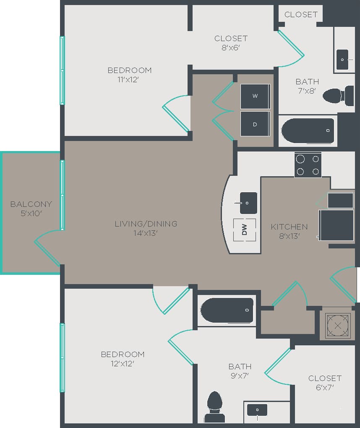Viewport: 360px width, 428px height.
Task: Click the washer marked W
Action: point(255,96)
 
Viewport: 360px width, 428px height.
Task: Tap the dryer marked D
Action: point(255,124)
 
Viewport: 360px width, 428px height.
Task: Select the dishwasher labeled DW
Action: point(244,230)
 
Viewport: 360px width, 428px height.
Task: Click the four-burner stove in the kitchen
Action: point(308,165)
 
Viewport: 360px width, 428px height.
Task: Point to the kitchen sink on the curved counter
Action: point(248,203)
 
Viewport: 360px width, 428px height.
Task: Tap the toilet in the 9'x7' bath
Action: point(215,406)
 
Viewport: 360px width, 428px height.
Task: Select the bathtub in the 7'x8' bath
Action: point(308,130)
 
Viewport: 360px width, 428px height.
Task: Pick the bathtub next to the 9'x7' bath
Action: point(227,310)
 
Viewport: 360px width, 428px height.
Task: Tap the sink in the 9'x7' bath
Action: point(257,410)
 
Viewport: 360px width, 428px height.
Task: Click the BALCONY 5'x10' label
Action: point(31,209)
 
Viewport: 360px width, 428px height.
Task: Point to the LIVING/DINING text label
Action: point(146,224)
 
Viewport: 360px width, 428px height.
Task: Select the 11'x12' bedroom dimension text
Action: point(129,79)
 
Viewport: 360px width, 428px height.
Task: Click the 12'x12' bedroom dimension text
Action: point(123,364)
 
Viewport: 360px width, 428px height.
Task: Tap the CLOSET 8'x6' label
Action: point(231,43)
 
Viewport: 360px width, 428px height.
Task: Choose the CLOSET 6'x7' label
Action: point(324,383)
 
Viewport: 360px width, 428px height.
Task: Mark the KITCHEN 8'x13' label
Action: point(289,231)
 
